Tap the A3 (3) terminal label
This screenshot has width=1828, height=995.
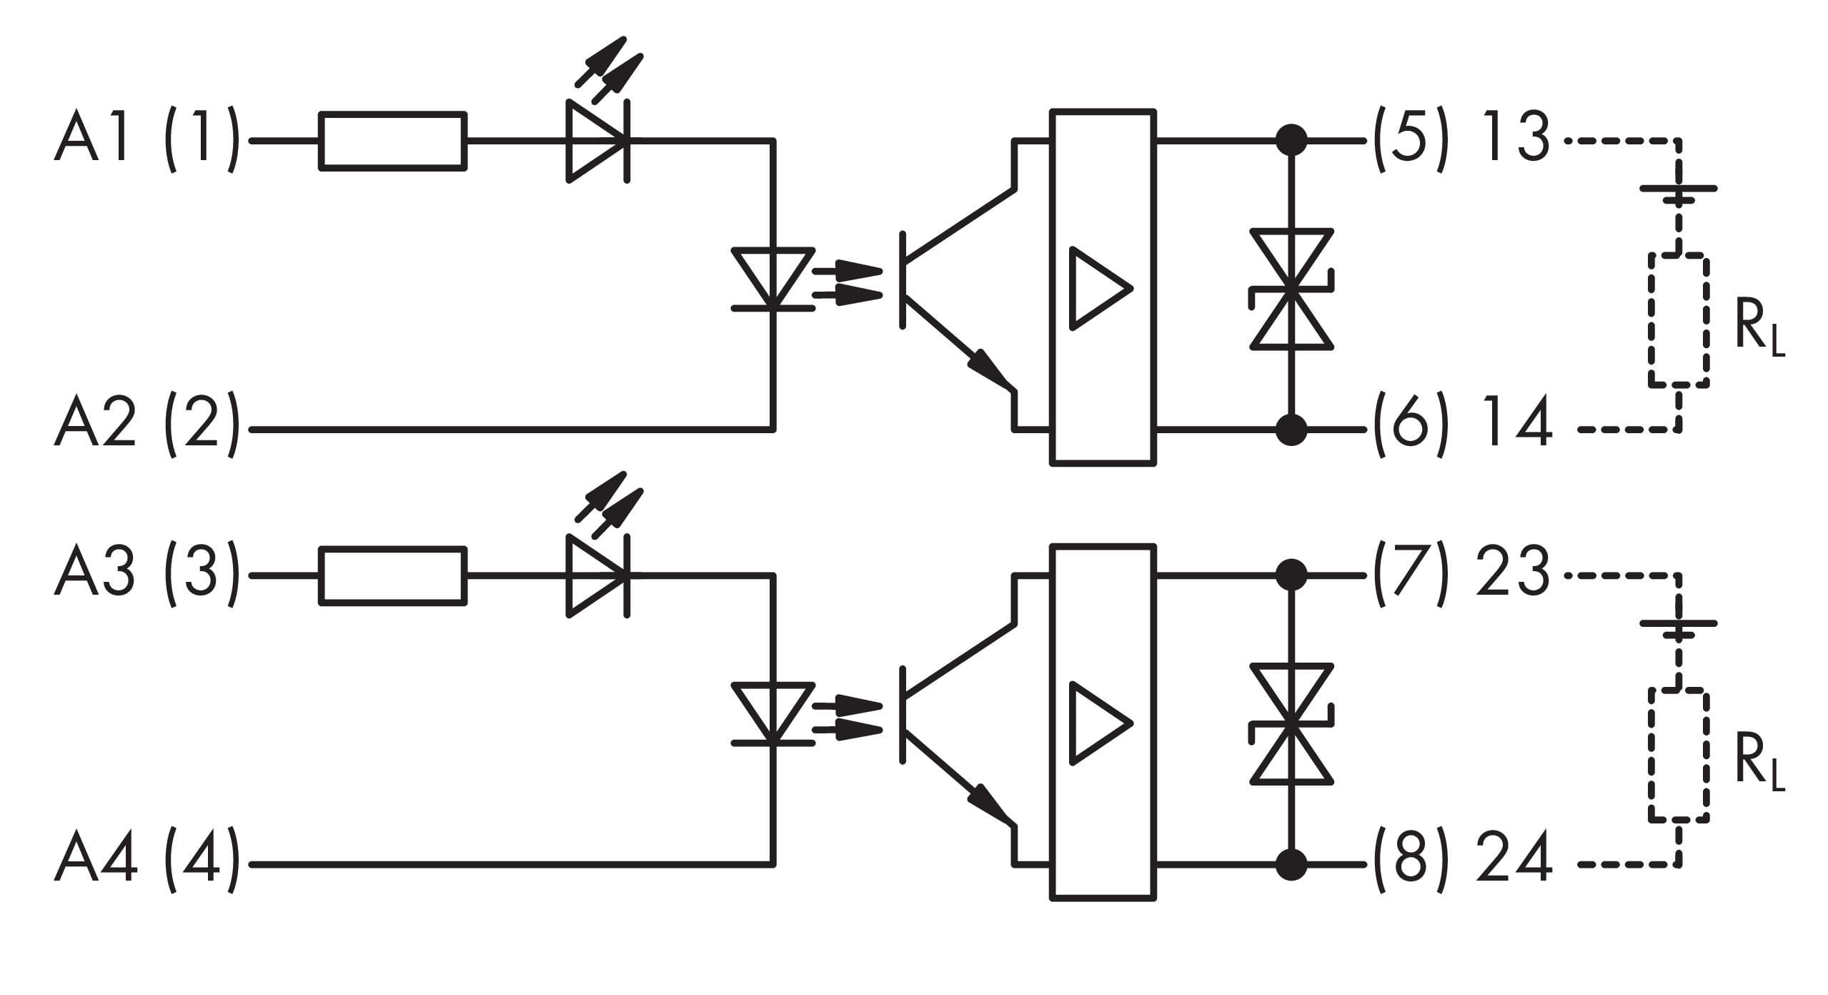(146, 575)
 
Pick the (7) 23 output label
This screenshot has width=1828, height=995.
(1462, 575)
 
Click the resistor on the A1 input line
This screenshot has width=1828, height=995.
(393, 142)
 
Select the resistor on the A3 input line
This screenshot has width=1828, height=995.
(393, 575)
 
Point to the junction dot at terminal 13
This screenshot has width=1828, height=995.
(1291, 142)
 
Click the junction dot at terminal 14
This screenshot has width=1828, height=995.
(1291, 430)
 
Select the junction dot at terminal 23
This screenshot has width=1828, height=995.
(1291, 575)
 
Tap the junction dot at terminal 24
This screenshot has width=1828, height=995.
(1291, 864)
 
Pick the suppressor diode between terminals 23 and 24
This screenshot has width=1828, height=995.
(1291, 723)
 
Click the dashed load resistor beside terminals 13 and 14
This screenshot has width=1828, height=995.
(1679, 320)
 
